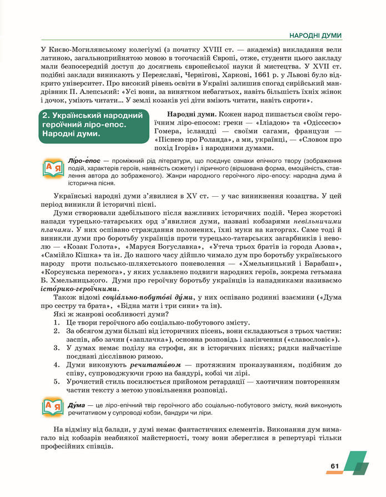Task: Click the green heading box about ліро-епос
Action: click(91, 125)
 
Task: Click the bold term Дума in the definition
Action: click(76, 405)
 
